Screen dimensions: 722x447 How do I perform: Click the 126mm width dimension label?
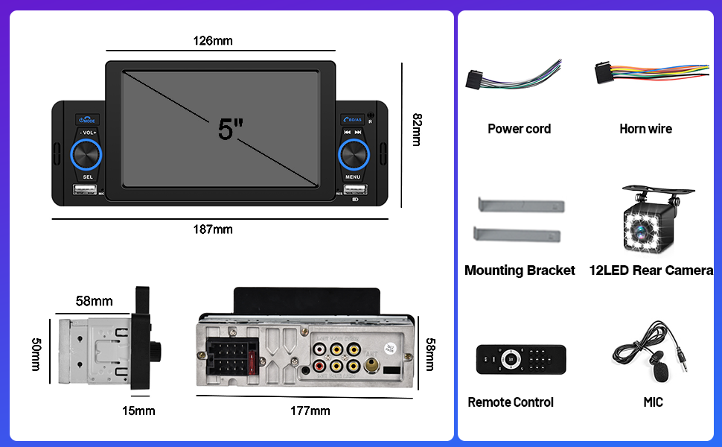[213, 40]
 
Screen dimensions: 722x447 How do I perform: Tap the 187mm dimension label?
[213, 229]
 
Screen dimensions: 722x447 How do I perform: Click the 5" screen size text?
[231, 129]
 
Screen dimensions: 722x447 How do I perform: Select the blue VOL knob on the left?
[87, 153]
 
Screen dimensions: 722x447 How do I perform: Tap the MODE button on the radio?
[87, 120]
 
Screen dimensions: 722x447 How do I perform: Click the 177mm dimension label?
[310, 410]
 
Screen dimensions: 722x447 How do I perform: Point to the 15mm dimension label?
[139, 410]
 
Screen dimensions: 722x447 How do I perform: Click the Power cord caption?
[519, 129]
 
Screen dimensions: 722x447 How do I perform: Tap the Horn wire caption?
[645, 129]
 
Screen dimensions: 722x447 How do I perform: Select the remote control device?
[520, 359]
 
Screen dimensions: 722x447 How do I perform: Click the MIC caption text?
[653, 402]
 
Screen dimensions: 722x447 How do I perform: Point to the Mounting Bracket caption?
[520, 270]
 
